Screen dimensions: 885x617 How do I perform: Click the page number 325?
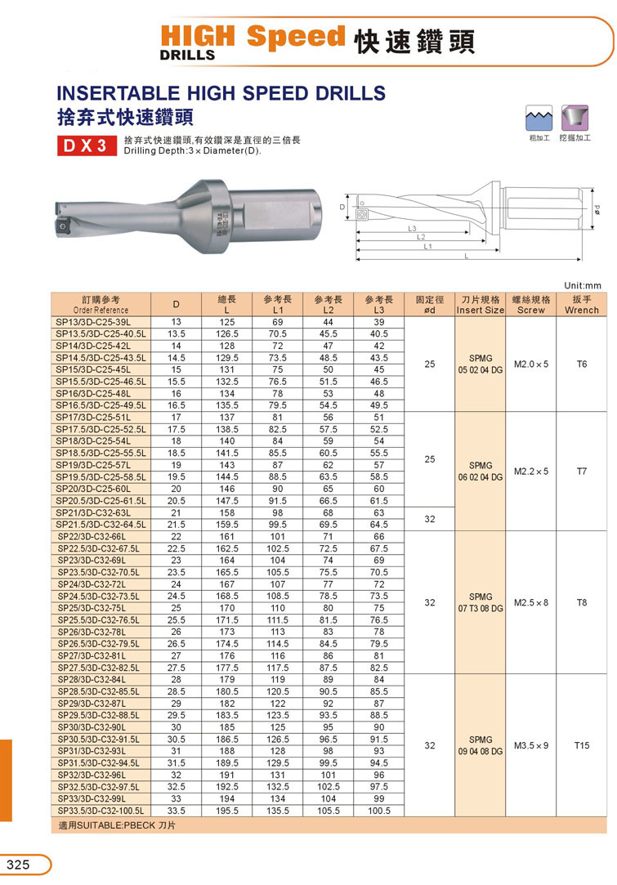point(18,865)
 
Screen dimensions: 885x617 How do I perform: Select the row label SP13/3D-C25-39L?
point(104,323)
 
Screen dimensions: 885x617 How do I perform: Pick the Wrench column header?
point(581,305)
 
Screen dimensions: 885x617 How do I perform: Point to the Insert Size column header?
point(481,305)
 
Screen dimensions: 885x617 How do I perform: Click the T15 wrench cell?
point(581,745)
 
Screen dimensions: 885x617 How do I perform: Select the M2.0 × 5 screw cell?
point(531,364)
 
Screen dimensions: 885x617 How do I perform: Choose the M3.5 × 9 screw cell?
point(531,745)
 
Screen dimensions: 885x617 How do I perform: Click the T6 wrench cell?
point(581,364)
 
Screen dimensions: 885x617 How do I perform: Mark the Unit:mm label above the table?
point(582,284)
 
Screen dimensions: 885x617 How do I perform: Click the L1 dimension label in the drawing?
point(428,247)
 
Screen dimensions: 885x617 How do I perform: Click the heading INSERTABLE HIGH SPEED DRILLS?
point(221,92)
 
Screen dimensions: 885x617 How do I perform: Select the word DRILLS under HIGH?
point(187,56)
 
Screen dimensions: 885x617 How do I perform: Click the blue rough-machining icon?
point(537,118)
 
